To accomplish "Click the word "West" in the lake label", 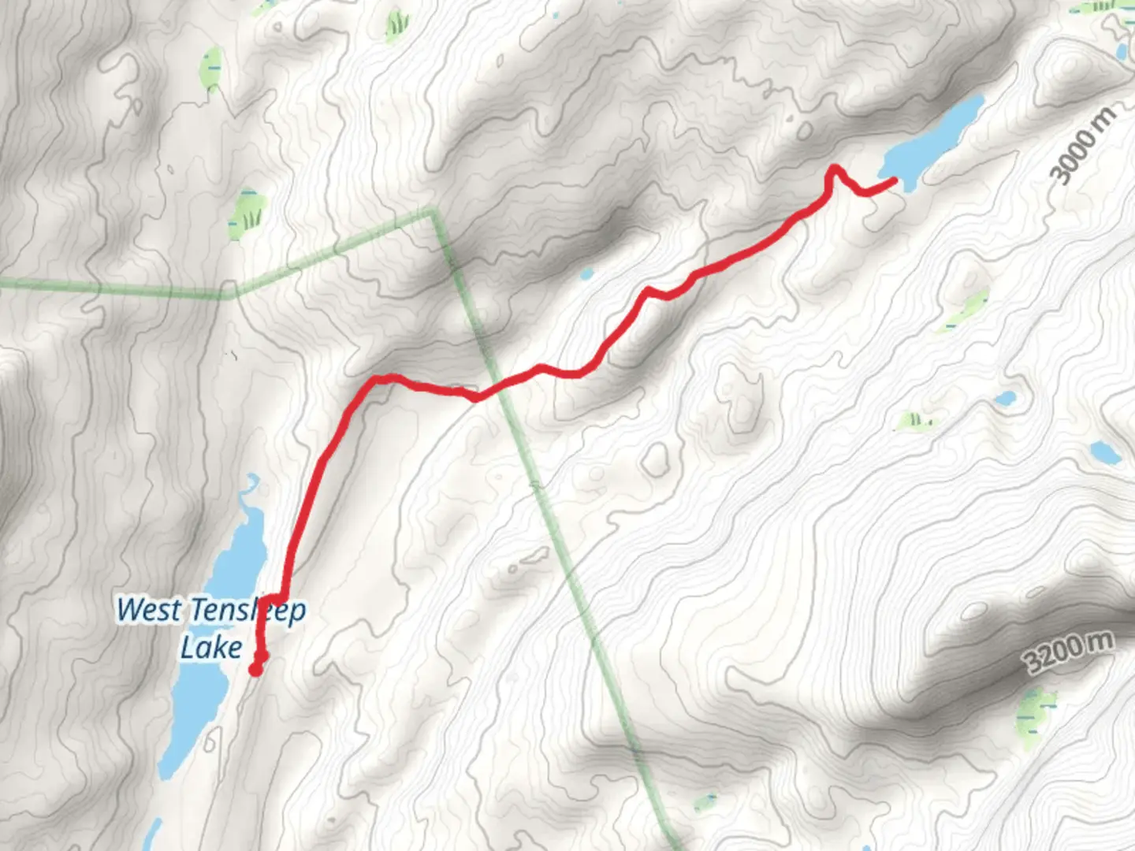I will tap(149, 609).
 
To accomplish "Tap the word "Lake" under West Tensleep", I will tap(211, 648).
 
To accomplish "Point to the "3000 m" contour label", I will tap(1085, 147).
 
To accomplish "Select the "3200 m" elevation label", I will tap(1070, 652).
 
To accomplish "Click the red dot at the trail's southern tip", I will tap(255, 670).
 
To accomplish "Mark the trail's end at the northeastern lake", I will tap(895, 181).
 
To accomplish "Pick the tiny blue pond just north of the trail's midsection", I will tap(586, 274).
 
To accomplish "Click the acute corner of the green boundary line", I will tap(433, 210).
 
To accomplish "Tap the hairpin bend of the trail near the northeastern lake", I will tap(833, 169).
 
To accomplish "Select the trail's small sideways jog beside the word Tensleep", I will tap(274, 596).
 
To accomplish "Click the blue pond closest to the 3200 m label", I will tap(1103, 452).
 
